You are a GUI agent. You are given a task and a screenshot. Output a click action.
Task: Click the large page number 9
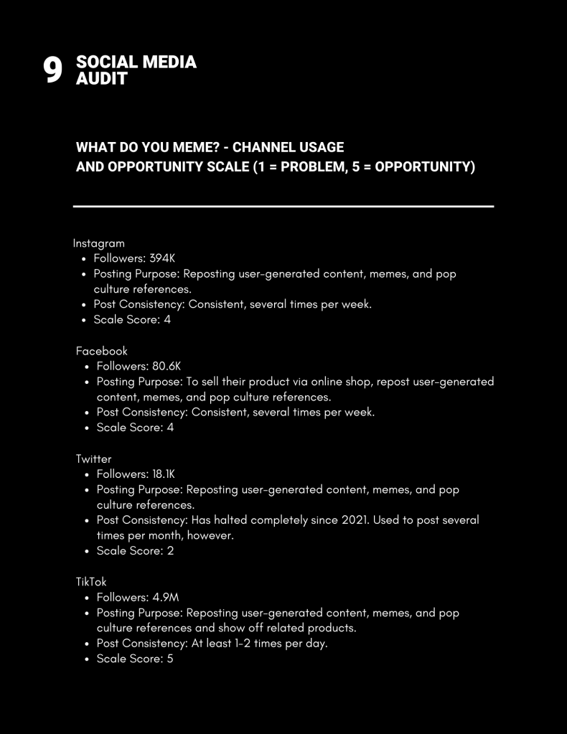click(x=52, y=70)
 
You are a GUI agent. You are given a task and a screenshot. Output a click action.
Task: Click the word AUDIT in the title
click(x=101, y=78)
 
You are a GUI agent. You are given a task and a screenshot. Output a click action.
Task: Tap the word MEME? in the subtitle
click(x=190, y=148)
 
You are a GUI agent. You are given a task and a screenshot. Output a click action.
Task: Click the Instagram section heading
click(x=98, y=243)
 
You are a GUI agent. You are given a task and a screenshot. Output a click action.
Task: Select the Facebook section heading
click(x=101, y=351)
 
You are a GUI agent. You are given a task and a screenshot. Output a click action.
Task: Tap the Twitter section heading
click(x=93, y=458)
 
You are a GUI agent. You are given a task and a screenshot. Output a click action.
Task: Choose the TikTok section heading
click(x=91, y=582)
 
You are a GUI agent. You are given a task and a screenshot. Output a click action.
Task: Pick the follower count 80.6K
click(x=167, y=366)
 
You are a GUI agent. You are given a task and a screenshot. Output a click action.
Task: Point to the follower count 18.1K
click(x=163, y=474)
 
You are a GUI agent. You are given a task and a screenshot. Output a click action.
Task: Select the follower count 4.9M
click(x=164, y=597)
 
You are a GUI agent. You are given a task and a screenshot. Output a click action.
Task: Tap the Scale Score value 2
click(x=170, y=551)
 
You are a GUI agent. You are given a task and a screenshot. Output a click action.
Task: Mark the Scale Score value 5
click(x=170, y=659)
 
